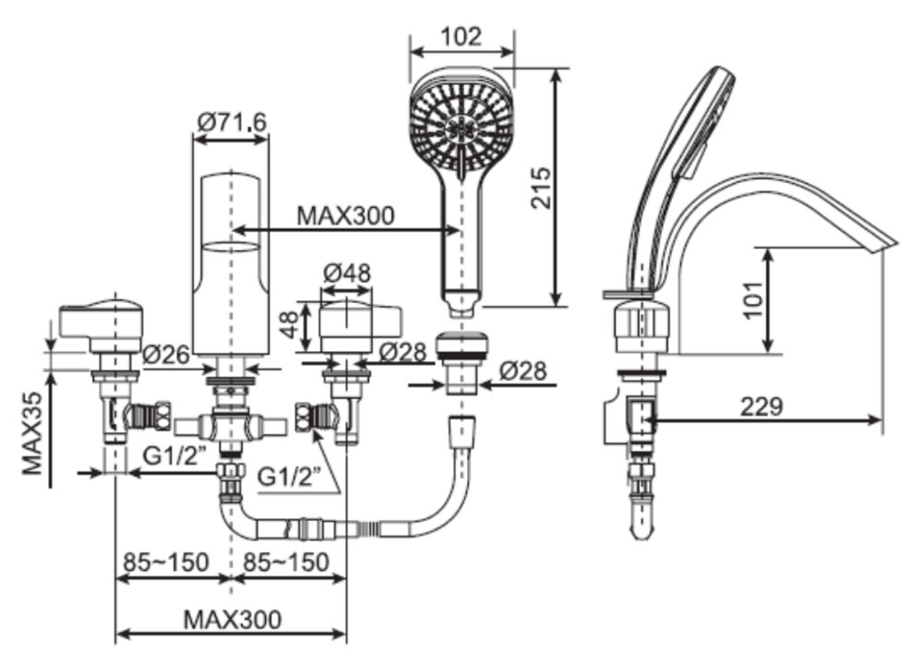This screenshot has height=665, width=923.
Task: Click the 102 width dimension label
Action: coord(461,36)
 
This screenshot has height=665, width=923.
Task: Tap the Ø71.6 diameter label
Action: coord(232,121)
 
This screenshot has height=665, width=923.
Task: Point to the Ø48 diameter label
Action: coord(347,273)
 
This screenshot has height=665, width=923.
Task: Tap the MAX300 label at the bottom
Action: coord(232,618)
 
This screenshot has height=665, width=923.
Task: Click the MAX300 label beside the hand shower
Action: coord(345,215)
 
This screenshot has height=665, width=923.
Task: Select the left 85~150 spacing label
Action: coord(166,562)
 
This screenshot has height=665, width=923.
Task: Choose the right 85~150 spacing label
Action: coord(285,562)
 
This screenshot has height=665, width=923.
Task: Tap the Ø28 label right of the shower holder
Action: coord(523,371)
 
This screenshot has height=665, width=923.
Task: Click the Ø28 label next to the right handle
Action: coord(402,351)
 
